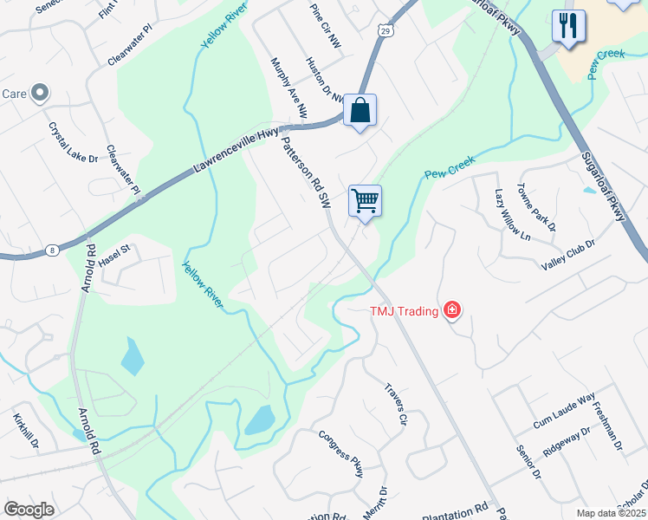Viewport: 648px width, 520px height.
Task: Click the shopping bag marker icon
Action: [x=360, y=110]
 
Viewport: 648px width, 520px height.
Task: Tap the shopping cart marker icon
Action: [x=365, y=201]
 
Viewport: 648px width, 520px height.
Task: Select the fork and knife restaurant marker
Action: [x=568, y=26]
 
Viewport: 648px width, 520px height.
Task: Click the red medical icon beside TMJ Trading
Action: [x=451, y=310]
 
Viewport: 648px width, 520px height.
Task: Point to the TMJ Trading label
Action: [x=404, y=311]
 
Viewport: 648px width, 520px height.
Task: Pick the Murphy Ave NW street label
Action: [x=289, y=88]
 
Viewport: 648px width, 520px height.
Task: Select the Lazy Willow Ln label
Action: [x=511, y=214]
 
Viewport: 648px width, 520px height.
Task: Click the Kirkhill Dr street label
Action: [x=26, y=430]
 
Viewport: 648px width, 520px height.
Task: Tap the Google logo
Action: [x=29, y=510]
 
